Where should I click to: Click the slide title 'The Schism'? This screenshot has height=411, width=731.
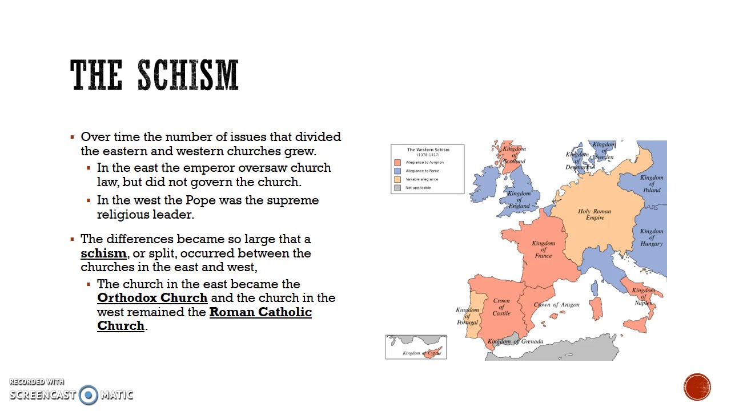click(x=154, y=75)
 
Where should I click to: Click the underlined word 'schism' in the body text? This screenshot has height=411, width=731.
click(x=103, y=253)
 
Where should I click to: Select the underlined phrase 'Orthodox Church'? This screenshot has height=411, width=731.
click(x=152, y=298)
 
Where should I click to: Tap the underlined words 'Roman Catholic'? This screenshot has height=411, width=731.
click(x=260, y=312)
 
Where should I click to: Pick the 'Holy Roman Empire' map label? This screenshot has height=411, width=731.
click(x=595, y=214)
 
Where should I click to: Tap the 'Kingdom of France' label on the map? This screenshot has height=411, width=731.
click(x=543, y=249)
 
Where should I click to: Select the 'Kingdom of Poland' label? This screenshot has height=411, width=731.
click(x=652, y=183)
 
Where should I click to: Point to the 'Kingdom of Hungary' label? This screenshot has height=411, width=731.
click(x=652, y=237)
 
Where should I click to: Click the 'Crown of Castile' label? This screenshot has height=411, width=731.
click(x=501, y=307)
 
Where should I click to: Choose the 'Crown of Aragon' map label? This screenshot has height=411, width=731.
click(x=557, y=305)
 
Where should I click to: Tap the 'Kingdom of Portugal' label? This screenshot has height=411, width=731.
click(x=467, y=316)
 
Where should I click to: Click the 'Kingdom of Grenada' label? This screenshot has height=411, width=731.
click(x=515, y=341)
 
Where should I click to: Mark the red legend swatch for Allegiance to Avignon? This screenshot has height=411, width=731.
click(x=397, y=163)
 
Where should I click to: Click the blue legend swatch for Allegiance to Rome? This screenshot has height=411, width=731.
click(x=397, y=171)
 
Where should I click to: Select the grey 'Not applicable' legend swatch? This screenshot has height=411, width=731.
click(x=397, y=188)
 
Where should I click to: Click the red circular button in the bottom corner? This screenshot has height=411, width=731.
click(x=697, y=388)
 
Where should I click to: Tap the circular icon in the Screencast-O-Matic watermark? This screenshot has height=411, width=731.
click(x=89, y=394)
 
